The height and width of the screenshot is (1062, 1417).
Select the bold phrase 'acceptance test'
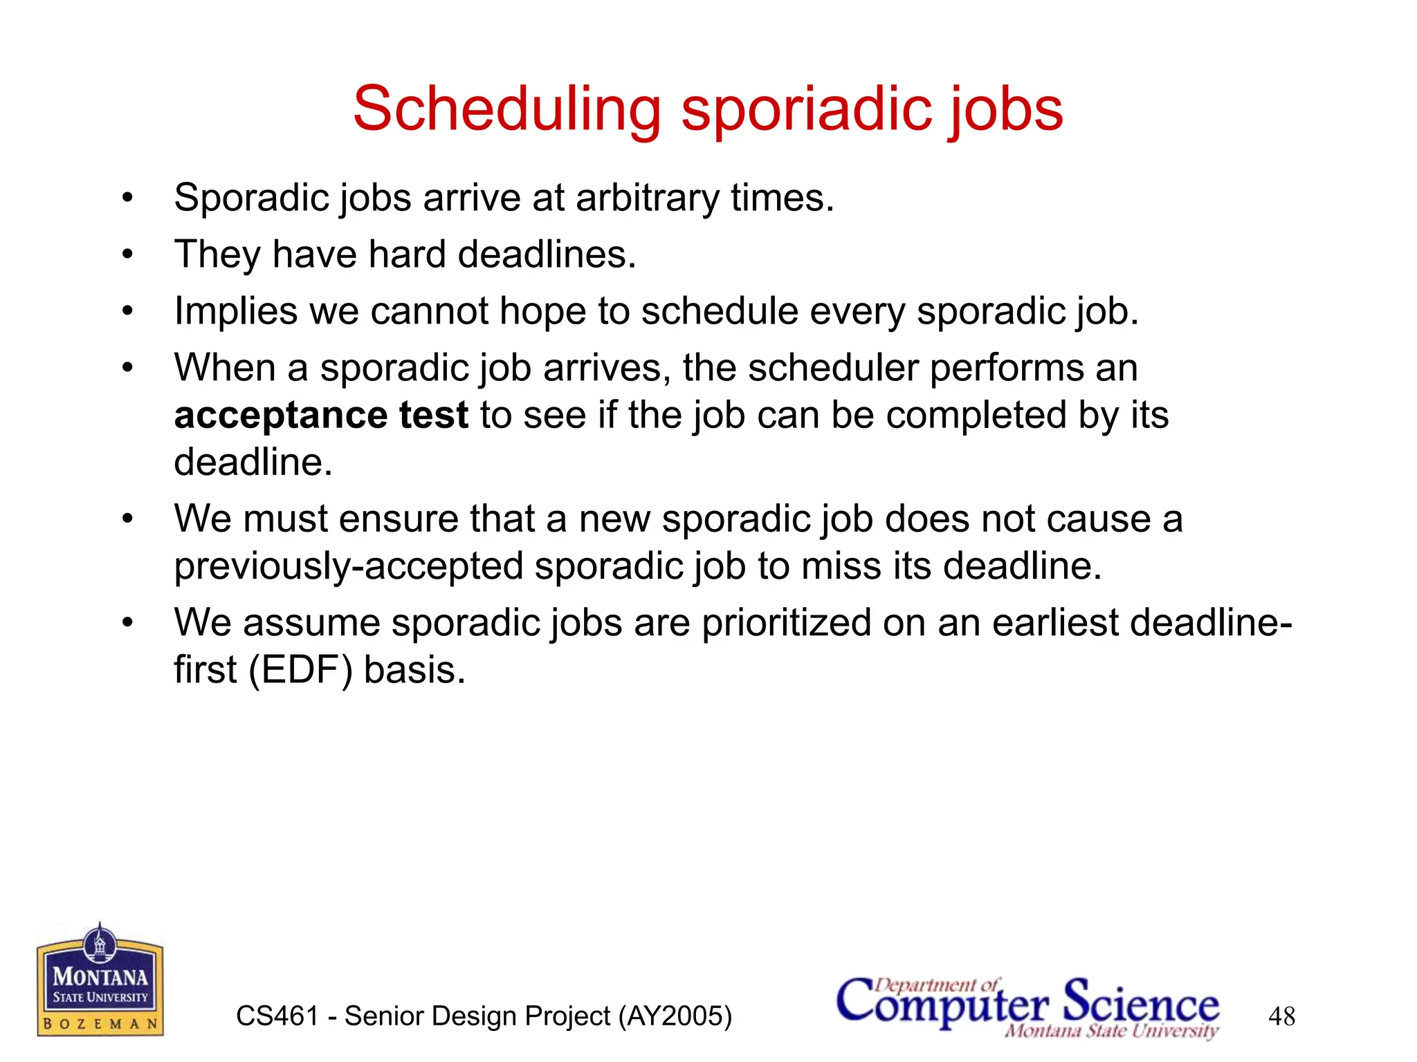coord(321,416)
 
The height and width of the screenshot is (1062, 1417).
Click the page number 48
coord(1281,1016)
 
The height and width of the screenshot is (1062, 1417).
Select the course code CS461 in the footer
coord(277,1016)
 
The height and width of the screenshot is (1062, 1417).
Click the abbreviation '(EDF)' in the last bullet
coord(300,670)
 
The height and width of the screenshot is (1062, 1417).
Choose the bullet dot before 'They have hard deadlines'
coord(127,254)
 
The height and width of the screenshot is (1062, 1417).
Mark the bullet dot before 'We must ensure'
coord(127,519)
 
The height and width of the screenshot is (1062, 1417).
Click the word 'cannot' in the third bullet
coord(430,311)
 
